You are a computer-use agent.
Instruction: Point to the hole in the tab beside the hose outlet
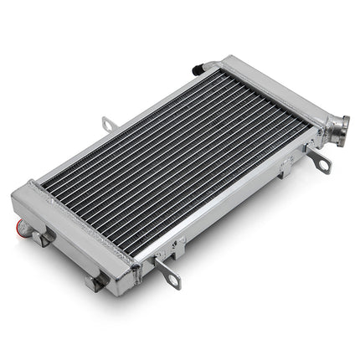(x=324, y=164)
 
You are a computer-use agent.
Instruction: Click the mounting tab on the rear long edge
(x=107, y=124)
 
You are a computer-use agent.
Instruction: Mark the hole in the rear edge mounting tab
(x=106, y=121)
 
